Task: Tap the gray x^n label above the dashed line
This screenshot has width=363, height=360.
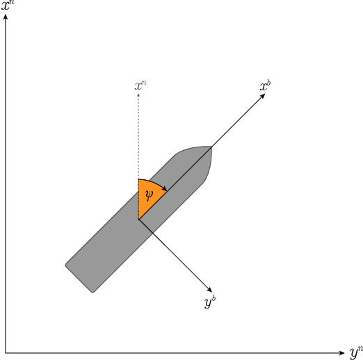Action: pos(140,86)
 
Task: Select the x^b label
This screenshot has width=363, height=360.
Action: pos(265,86)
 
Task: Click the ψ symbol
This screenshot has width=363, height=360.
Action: pos(148,193)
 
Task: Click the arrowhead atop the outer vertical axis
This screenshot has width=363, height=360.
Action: pos(6,17)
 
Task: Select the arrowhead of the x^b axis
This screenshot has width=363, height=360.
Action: pos(263,96)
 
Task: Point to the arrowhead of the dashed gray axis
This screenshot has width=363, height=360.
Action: pos(138,95)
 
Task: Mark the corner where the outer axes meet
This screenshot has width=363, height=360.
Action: pos(6,352)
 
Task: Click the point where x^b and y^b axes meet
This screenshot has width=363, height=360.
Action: pos(138,220)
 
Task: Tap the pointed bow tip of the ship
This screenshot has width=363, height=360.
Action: pos(211,147)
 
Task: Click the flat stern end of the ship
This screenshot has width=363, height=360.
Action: pos(79,278)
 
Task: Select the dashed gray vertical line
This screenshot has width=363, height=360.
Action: pos(138,139)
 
